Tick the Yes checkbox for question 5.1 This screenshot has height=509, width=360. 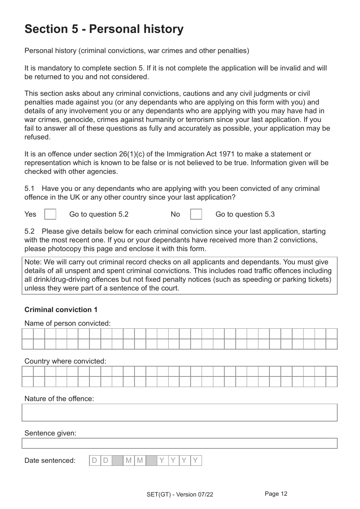50,214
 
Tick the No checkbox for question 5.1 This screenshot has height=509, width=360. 196,214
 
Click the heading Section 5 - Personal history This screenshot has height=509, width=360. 104,29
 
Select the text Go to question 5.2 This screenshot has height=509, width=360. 99,214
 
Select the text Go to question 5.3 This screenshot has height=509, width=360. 245,214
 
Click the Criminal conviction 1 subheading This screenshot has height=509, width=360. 61,310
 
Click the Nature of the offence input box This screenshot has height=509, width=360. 179,412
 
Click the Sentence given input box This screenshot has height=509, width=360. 179,443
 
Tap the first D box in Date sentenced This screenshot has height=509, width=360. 95,461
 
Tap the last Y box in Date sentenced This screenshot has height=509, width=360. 196,461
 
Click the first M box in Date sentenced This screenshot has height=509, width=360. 128,461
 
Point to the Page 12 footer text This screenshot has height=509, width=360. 276,494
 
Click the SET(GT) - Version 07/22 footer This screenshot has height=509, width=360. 180,494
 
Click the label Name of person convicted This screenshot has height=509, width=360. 67,323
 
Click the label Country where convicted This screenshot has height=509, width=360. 65,361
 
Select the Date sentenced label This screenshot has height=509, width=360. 50,461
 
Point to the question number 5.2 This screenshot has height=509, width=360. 30,231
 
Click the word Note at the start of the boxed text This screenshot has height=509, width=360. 32,262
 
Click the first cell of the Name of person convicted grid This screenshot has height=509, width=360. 28,334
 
